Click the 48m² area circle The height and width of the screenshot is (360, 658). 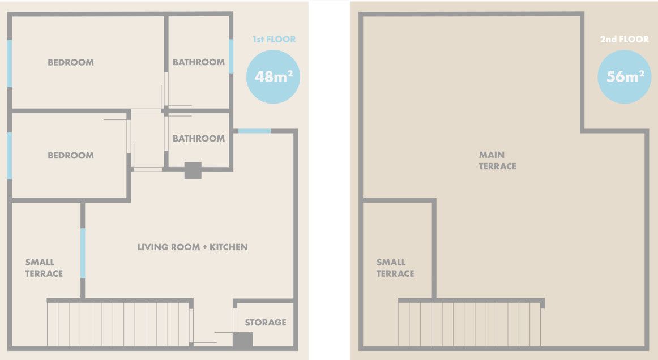tap(273, 77)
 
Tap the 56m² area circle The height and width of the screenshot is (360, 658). tap(625, 77)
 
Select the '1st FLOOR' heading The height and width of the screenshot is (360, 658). tap(274, 39)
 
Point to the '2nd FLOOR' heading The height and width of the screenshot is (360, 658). tap(624, 39)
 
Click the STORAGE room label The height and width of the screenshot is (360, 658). tap(266, 322)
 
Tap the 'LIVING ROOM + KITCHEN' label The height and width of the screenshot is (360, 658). tap(193, 247)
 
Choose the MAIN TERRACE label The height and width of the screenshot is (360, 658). tap(498, 160)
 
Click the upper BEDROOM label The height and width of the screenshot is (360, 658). tap(70, 62)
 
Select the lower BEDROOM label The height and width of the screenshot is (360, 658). tap(70, 155)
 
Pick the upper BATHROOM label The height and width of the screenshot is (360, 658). tap(199, 62)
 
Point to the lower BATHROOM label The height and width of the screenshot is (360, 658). tap(199, 139)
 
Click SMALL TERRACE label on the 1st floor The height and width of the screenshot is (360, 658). tap(44, 268)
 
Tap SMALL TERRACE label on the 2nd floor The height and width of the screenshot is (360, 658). tap(395, 268)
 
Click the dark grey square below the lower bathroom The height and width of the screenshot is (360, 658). tap(193, 170)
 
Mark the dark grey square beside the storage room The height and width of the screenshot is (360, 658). tap(243, 340)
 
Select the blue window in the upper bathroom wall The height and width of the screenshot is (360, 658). tap(231, 56)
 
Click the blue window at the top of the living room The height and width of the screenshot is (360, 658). tap(254, 131)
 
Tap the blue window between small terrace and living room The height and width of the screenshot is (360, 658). tap(83, 253)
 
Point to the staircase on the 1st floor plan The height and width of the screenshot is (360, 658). tap(119, 324)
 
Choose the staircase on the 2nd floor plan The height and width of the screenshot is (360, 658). tap(469, 324)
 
